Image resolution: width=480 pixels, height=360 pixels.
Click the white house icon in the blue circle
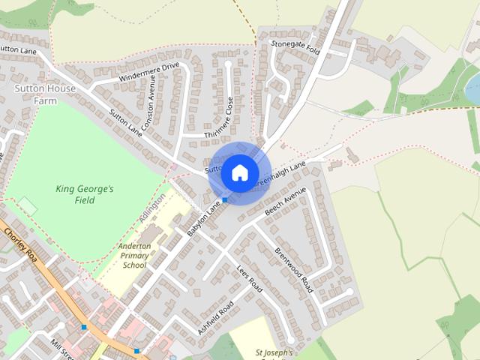pos(239,172)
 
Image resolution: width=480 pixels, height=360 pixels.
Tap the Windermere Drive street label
pos(149,73)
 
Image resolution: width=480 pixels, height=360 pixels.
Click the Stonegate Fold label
pos(295,47)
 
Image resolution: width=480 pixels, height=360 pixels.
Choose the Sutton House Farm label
pos(35,94)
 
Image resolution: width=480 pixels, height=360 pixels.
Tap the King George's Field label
pos(85,194)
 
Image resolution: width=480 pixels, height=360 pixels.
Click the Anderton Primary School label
pos(134,255)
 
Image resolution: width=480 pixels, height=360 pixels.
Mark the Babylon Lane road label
pos(204,218)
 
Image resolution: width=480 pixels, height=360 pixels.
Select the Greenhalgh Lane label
pos(280,173)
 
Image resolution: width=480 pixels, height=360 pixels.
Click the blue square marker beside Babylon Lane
pos(224,200)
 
